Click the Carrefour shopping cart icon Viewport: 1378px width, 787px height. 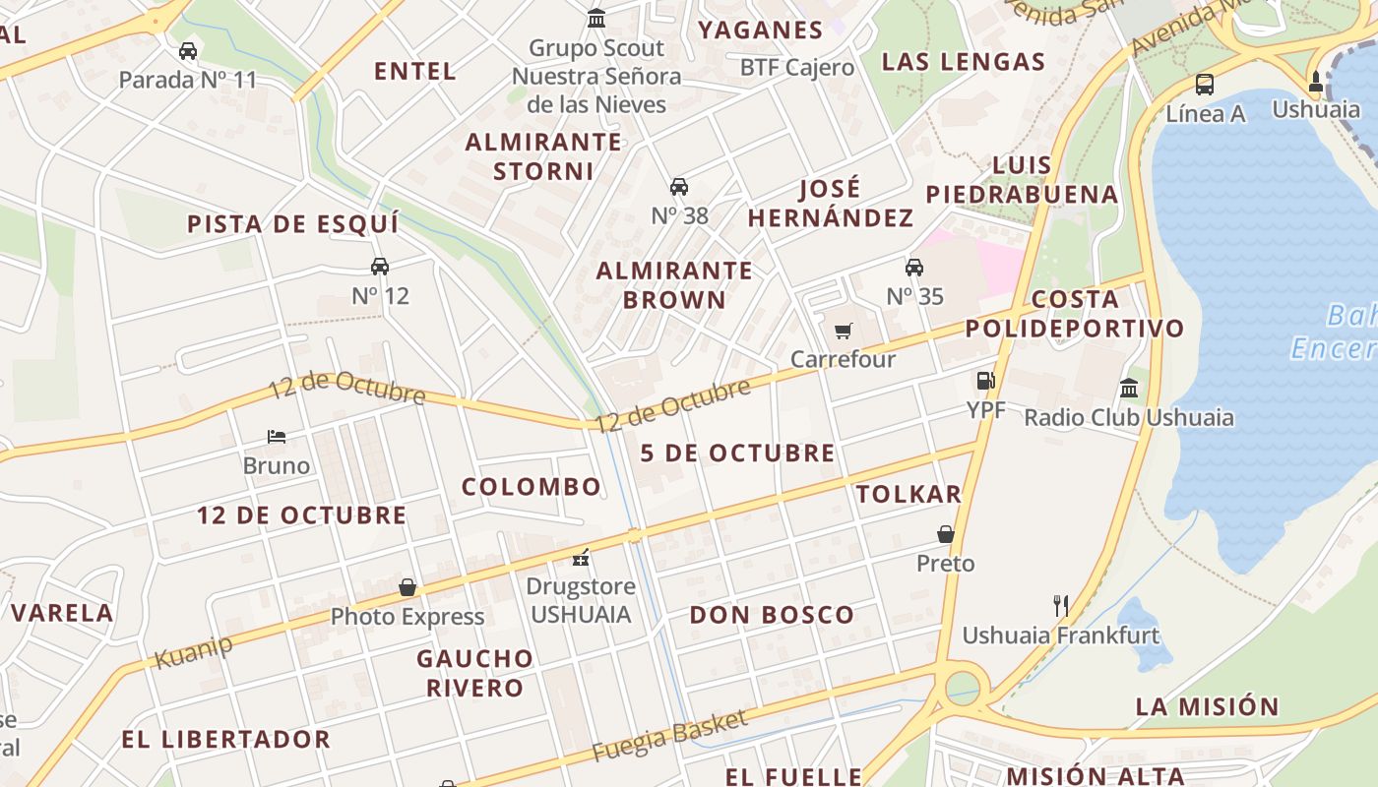(x=843, y=331)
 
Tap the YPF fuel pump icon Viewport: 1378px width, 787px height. (x=985, y=381)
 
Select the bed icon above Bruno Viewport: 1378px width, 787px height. (x=277, y=436)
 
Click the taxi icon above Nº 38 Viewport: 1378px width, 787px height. (x=679, y=186)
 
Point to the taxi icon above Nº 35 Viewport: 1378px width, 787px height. (x=914, y=267)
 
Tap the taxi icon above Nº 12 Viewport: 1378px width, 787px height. (x=380, y=266)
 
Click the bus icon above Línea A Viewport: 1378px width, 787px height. (x=1205, y=84)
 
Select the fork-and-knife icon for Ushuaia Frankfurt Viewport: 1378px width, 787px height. (x=1060, y=605)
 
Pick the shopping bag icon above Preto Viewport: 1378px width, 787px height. (x=946, y=534)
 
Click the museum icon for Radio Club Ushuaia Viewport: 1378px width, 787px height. (x=1129, y=388)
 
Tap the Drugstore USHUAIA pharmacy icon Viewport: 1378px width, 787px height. (x=581, y=558)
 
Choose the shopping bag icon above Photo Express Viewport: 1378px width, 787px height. (x=407, y=587)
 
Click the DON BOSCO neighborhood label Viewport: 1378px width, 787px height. (x=772, y=616)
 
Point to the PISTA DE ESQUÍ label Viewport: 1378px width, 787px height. (x=293, y=224)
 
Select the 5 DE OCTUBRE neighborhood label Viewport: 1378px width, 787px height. (x=737, y=454)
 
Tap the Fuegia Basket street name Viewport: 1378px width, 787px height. (x=669, y=736)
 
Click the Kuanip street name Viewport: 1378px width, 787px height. (x=194, y=652)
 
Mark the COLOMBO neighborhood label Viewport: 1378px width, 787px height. (x=532, y=487)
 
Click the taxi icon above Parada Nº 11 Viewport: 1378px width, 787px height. (x=188, y=51)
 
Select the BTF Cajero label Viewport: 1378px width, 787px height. (x=797, y=68)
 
